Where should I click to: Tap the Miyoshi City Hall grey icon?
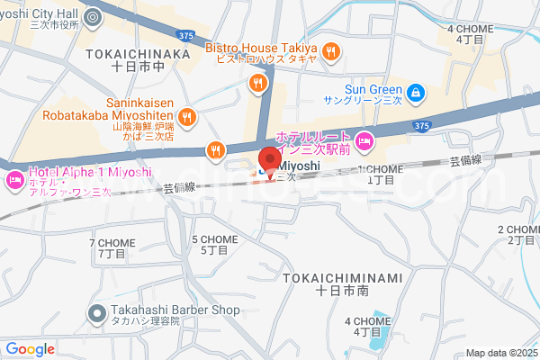93,16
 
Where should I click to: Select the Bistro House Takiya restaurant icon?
330,50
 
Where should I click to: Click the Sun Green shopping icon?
415,92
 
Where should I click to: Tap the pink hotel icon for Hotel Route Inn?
364,139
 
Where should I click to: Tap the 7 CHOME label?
112,249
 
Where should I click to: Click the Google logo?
30,349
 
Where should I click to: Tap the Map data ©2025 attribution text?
500,353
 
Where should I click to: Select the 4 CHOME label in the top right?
470,34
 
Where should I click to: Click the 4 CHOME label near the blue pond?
366,327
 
